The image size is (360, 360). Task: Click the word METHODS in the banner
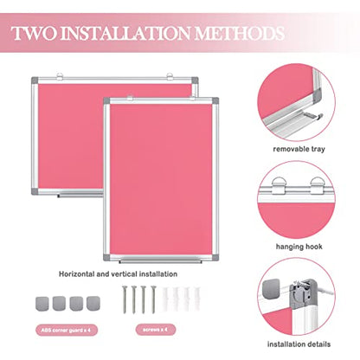[240, 33]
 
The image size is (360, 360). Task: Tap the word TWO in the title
[34, 33]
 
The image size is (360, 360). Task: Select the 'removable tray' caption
[299, 149]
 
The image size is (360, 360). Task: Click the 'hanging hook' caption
[299, 247]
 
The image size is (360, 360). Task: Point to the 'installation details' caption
[299, 344]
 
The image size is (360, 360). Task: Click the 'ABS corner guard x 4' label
[67, 330]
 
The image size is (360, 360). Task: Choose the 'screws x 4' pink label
[156, 330]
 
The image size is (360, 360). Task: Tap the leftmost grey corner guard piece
[42, 304]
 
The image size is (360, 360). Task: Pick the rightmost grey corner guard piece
[93, 304]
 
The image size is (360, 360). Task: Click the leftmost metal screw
[125, 299]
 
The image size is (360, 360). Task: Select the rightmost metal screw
[153, 299]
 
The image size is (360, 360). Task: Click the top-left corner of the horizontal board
[32, 78]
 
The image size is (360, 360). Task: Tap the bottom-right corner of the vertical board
[217, 260]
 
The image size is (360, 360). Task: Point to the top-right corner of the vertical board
[217, 99]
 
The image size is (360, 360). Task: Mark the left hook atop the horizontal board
[60, 76]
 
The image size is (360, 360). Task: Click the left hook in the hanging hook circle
[278, 185]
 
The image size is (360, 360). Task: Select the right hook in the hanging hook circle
[317, 185]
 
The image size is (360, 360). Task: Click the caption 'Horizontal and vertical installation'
[118, 274]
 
